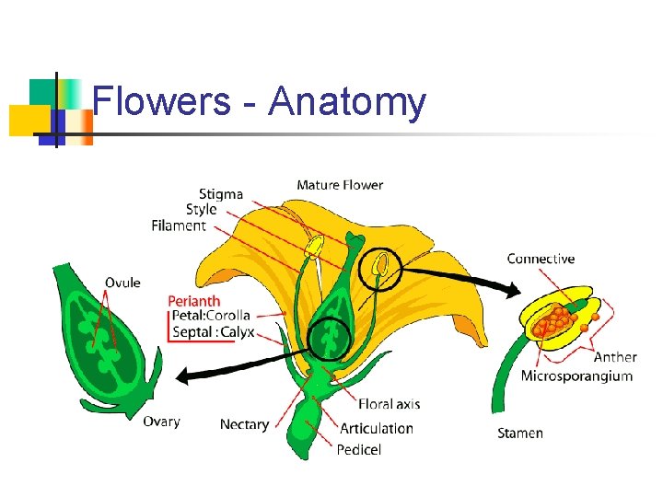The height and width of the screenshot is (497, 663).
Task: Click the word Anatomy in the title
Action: point(347,102)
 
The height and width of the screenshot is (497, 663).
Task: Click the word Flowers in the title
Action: point(162,102)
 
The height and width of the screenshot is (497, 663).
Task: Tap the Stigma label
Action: point(221,194)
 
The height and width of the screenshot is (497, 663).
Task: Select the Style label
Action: point(202,210)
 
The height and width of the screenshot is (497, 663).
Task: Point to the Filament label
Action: point(179,225)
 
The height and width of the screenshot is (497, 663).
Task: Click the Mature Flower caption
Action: point(340,185)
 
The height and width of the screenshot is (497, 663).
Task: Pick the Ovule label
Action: point(122,283)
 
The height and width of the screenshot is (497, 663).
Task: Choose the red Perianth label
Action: point(194,300)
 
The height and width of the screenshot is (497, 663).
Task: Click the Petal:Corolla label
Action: point(212,316)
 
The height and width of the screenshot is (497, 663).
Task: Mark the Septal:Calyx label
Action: point(214,332)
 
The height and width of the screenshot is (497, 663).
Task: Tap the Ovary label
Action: point(161,422)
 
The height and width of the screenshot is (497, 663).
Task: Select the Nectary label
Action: point(244,424)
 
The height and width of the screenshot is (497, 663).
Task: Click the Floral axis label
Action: point(389,404)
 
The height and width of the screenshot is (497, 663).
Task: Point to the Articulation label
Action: point(377,428)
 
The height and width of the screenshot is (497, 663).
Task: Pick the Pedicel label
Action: point(359,450)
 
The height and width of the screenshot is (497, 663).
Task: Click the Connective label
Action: point(541,259)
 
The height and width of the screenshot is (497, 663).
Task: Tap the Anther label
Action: point(615,357)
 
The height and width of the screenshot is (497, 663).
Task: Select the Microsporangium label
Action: point(576,376)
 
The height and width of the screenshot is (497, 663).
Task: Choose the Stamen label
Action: point(520,433)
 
